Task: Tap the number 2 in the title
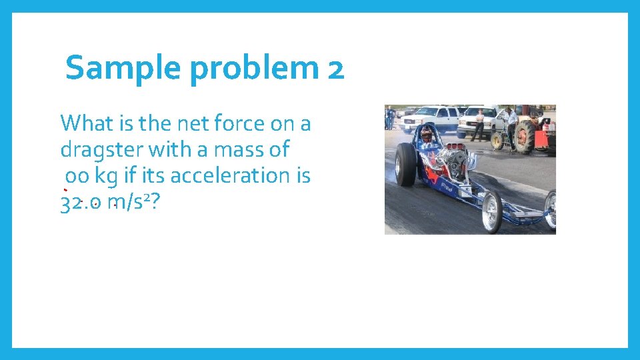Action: click(x=336, y=69)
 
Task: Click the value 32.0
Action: click(x=81, y=203)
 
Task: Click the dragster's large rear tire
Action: click(x=405, y=165)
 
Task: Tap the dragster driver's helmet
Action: click(x=426, y=135)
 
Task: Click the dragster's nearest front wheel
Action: click(x=492, y=212)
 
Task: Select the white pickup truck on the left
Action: click(x=430, y=118)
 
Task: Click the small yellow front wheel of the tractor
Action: click(x=497, y=141)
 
